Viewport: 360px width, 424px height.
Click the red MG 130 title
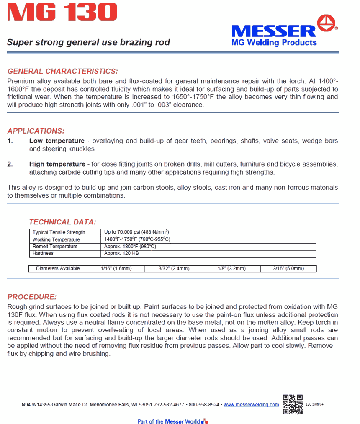pos(62,13)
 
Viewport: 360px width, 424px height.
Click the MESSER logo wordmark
pos(274,31)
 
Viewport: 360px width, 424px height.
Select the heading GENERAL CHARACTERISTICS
pos(63,71)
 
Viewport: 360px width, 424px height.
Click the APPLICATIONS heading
pos(36,131)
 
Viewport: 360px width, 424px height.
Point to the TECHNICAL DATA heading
pos(62,222)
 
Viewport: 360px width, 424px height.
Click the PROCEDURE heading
pos(32,297)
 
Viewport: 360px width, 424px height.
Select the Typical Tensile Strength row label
pos(59,232)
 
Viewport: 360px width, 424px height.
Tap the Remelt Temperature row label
pos(55,247)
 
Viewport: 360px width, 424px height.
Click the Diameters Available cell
pos(58,268)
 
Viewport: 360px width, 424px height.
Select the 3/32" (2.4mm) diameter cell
pos(174,268)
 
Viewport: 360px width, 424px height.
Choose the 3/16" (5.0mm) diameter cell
pos(288,268)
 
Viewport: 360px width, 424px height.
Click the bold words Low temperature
pos(57,141)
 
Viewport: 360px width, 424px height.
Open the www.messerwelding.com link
pos(251,405)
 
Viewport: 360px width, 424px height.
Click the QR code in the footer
pos(293,404)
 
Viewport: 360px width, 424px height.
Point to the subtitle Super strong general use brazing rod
pos(88,43)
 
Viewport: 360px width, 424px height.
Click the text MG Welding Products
pos(274,43)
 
